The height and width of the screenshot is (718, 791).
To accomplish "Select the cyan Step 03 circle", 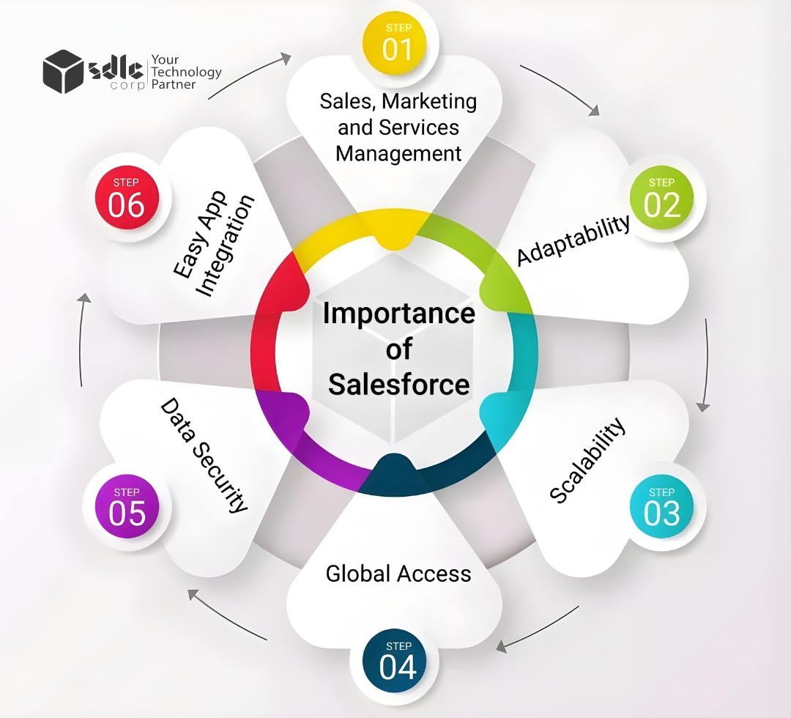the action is (x=661, y=508).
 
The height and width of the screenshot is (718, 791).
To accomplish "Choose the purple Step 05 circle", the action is (x=127, y=507).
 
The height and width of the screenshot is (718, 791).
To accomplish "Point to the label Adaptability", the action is (x=573, y=240).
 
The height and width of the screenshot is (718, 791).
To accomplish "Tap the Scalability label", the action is (x=588, y=461).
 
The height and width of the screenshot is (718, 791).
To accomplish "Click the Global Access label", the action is (x=398, y=573).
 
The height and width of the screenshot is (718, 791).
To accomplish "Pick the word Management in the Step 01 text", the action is (x=398, y=154).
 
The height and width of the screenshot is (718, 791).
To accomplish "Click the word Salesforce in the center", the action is (x=398, y=384).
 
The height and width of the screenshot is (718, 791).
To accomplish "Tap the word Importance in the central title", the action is (x=398, y=314).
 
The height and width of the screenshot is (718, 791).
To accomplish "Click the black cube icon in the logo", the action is (x=62, y=71).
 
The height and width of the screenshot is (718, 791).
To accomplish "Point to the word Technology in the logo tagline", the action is (x=186, y=72).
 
